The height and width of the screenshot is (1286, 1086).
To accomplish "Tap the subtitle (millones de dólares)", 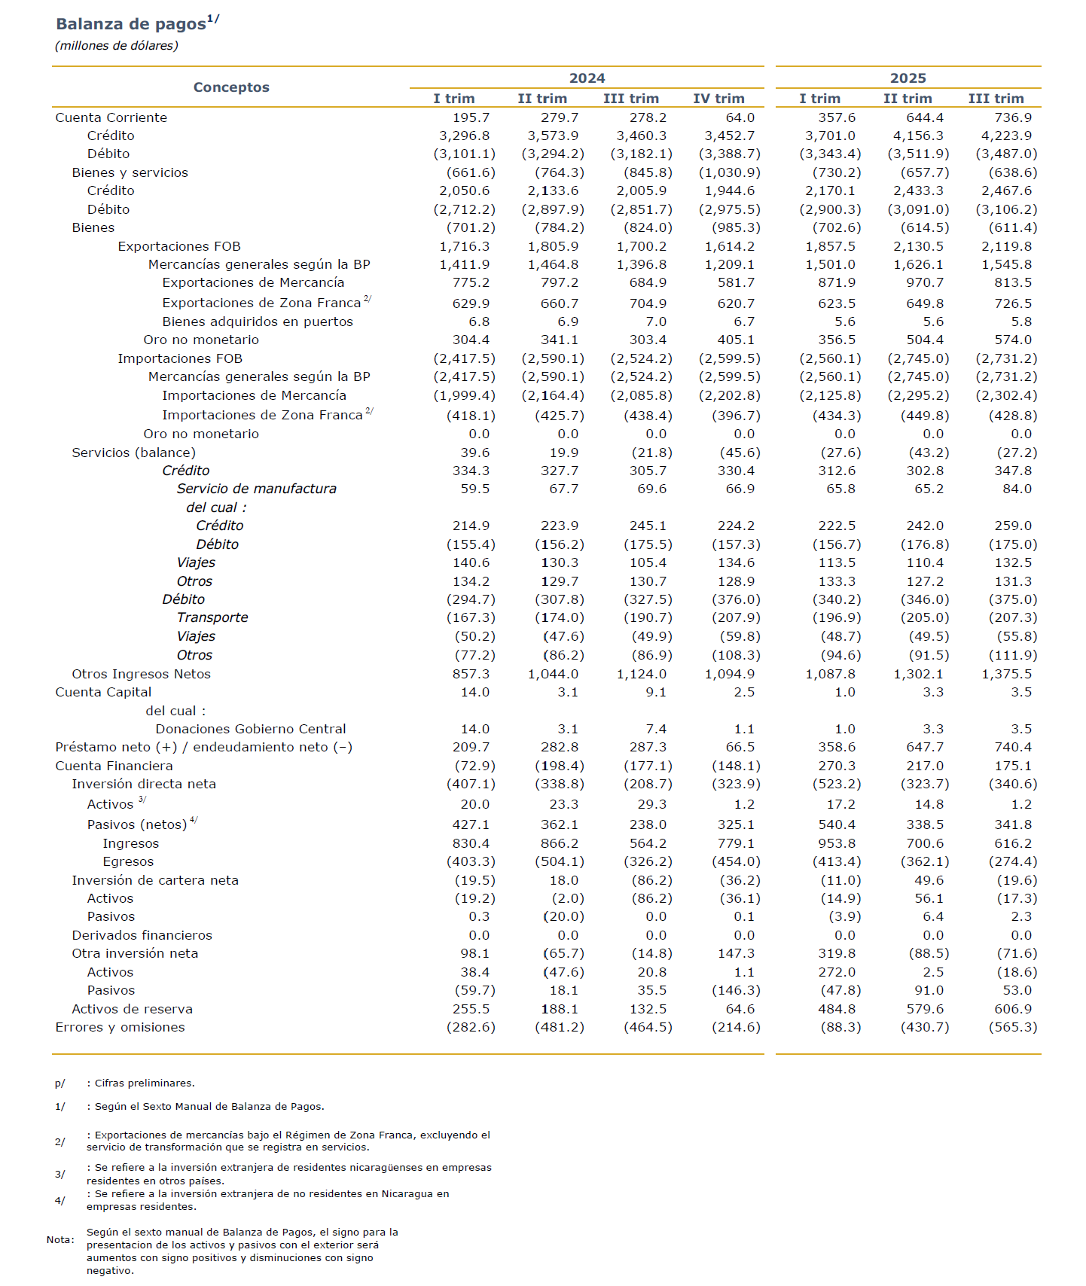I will [x=117, y=46].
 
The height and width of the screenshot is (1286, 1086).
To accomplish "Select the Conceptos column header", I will [x=231, y=87].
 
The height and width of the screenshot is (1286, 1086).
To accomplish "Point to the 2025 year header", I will [x=908, y=78].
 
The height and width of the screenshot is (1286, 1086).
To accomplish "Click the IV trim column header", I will [x=718, y=99].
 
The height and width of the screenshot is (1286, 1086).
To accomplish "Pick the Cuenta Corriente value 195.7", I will [x=471, y=117].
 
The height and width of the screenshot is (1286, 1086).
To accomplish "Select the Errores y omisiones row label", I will [x=120, y=1027].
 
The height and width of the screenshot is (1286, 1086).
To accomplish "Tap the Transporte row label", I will [x=212, y=617].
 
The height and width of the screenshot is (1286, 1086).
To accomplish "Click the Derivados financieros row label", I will [x=142, y=935].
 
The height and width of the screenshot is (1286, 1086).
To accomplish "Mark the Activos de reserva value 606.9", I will [x=1013, y=1009].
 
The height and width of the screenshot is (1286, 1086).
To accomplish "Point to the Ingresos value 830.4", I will [x=471, y=843].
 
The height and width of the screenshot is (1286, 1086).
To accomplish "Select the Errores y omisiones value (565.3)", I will [x=1012, y=1027].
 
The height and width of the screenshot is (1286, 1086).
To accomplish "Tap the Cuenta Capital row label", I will [x=103, y=692].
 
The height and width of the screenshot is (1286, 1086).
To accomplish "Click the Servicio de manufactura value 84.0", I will [x=1017, y=489].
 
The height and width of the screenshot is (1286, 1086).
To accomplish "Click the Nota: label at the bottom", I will [x=60, y=1239].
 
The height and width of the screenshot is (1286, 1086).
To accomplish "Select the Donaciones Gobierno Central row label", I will [x=251, y=729].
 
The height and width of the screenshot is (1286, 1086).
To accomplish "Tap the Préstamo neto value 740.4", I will [x=1013, y=747].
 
